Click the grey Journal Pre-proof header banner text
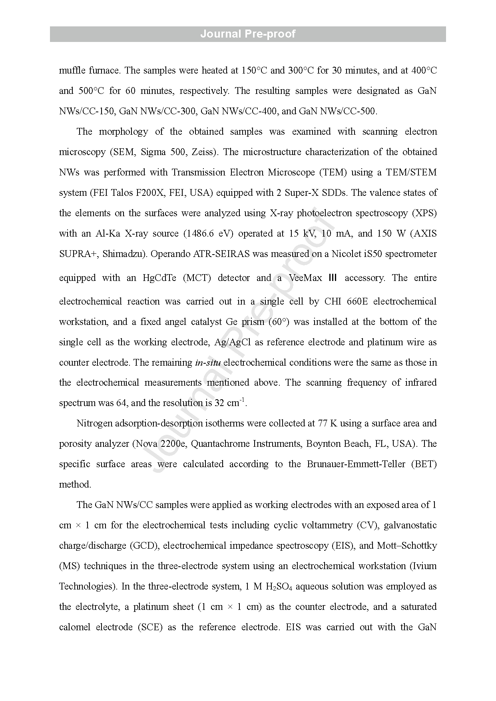coord(248,34)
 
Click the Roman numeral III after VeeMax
coord(333,278)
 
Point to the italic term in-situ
coord(208,363)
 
